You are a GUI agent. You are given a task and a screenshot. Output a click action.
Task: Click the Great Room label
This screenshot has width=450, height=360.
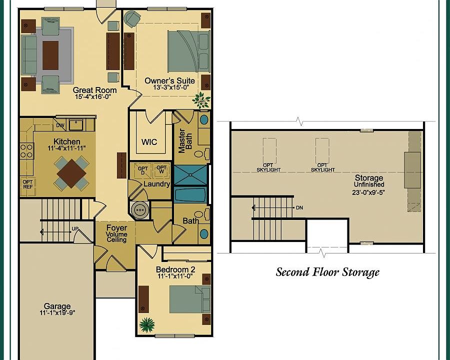pos(94,90)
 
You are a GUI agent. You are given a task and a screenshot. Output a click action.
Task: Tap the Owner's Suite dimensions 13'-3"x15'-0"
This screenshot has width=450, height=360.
pos(171,87)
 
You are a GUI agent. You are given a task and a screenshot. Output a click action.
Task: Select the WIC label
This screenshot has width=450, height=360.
pos(149,142)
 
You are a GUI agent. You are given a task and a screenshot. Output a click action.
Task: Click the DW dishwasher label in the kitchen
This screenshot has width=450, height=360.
pos(60,125)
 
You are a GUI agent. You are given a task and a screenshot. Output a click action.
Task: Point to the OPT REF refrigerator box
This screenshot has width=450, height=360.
pos(28,184)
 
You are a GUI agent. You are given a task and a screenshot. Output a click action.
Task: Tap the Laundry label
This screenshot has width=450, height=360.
pos(156,184)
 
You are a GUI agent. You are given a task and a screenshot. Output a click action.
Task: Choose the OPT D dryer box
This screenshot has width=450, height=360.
pos(143,170)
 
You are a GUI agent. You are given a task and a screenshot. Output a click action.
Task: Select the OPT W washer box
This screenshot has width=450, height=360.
pos(161,169)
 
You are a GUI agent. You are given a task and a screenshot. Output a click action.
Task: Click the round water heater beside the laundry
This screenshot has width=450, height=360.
pos(140,210)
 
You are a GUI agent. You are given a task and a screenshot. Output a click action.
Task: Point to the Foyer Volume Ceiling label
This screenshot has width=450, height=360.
pos(117,234)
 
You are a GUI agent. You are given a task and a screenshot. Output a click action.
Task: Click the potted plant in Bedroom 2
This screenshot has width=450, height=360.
pos(147,324)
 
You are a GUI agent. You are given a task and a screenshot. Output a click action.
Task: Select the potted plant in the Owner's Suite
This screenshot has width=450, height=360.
pos(201,100)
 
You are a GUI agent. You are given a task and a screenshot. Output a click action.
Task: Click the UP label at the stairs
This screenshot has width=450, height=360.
pos(75,229)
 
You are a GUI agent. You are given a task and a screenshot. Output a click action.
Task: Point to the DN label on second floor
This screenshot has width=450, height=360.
pos(299,207)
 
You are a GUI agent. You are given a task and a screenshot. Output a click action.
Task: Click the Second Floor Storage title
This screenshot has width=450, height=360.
pos(327,272)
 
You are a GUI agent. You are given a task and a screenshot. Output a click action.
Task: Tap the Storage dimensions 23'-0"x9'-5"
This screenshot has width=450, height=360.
pos(368,192)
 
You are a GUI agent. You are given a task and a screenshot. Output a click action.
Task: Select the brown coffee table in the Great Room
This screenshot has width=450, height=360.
pos(50,55)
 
